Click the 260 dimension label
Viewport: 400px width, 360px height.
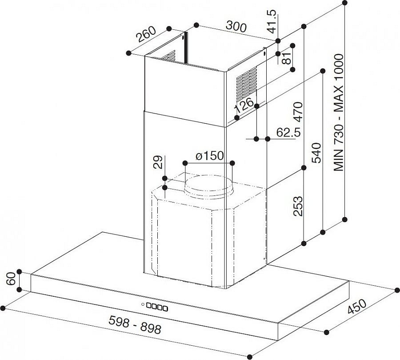coord(146,34)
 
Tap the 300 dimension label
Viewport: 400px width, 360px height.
coord(236,27)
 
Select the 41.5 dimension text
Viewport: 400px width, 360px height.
coord(271,21)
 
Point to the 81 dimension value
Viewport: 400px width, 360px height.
coord(287,58)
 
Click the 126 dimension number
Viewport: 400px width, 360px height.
coord(244,105)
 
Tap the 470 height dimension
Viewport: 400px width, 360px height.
coord(298,112)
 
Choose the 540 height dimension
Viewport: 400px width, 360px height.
coord(316,153)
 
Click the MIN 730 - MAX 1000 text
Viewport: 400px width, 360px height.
coord(339,113)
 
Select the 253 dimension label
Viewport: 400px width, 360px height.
coord(297,206)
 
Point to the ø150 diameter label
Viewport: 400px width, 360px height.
coord(210,156)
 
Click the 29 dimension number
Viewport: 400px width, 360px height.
coord(158,162)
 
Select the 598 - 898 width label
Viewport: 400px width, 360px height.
coord(135,324)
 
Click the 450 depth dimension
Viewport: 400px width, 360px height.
coord(357,306)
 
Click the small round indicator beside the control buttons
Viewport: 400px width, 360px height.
coord(143,304)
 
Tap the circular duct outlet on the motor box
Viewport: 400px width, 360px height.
coord(209,187)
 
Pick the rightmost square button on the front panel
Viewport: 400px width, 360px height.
coord(165,308)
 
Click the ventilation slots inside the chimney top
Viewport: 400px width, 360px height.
coord(169,56)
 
